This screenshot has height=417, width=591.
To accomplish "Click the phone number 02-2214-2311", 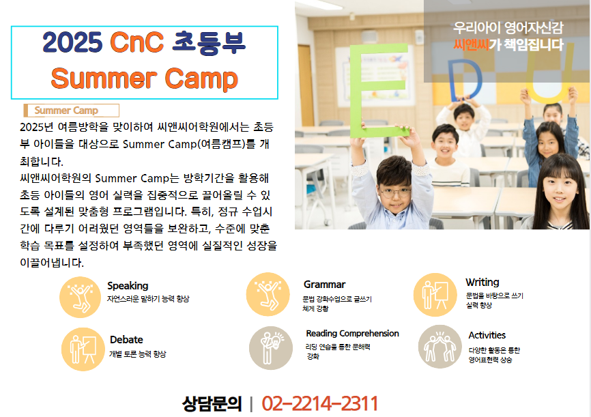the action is (319, 403).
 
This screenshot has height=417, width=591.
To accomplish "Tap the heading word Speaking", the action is (128, 286).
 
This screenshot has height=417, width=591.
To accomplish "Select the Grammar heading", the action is (325, 285).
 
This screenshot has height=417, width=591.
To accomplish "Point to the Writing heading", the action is (482, 282).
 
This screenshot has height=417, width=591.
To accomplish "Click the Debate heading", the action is (126, 340).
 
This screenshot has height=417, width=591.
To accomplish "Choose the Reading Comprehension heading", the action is (352, 333).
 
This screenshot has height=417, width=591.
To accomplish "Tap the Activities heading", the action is (487, 335).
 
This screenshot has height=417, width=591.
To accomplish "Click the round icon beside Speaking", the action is (81, 297).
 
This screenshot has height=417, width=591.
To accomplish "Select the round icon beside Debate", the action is (83, 349).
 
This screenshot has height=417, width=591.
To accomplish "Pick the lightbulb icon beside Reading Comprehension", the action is (271, 348).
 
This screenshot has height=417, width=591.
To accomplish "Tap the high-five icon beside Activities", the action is (440, 347).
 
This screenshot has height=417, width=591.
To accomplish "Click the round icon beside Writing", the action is (435, 295).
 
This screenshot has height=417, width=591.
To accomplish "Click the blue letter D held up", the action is (465, 80).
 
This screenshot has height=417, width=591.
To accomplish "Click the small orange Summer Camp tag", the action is (71, 111).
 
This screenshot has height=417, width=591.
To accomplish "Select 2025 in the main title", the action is (72, 42).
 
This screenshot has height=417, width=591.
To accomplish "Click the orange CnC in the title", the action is (136, 42).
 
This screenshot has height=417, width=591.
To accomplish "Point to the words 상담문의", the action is (212, 404).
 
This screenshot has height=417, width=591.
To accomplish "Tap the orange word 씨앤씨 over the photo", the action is (471, 45).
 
